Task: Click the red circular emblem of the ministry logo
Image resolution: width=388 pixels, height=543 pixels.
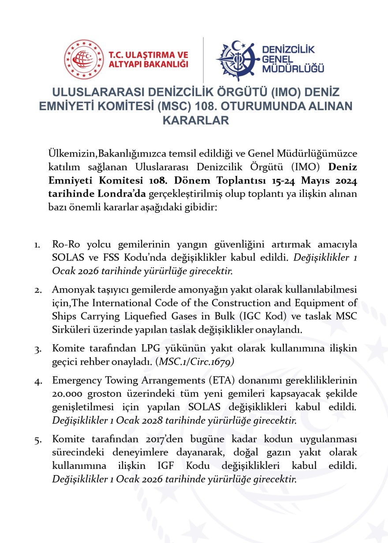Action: [x=84, y=60]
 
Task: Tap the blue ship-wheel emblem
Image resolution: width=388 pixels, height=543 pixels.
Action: [x=237, y=60]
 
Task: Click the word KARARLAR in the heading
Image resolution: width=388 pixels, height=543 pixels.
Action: [x=196, y=120]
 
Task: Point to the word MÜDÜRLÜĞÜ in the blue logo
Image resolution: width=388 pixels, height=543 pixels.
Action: [x=293, y=69]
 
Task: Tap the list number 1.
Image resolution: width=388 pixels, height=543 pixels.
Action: [x=37, y=245]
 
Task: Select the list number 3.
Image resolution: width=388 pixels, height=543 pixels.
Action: [x=38, y=349]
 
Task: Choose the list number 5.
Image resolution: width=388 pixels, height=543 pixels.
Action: [x=38, y=439]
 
